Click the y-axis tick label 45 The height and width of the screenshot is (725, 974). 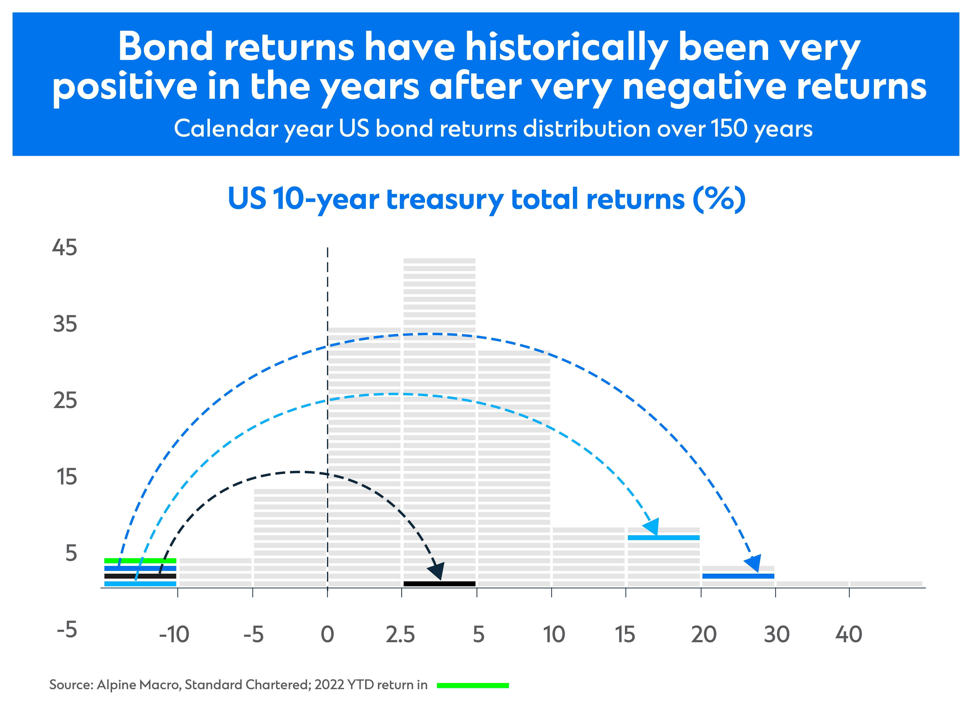[x=65, y=247]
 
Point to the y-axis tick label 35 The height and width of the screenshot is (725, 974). [x=65, y=324]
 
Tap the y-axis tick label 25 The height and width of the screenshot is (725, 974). [x=65, y=401]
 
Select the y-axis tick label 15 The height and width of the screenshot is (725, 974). [x=67, y=477]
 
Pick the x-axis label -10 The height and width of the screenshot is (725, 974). [x=174, y=635]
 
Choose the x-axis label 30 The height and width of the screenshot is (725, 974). [x=776, y=635]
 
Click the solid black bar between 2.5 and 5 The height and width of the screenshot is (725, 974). [x=439, y=584]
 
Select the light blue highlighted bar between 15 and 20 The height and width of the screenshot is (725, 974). [x=663, y=538]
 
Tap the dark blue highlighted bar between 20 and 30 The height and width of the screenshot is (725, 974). [x=738, y=576]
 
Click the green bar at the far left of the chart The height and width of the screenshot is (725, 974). [x=140, y=560]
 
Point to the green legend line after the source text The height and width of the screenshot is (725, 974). [x=473, y=685]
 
